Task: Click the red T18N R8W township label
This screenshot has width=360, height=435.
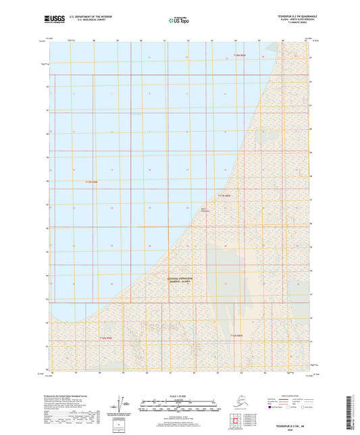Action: click(x=242, y=55)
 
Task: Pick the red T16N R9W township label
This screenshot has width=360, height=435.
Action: click(x=105, y=336)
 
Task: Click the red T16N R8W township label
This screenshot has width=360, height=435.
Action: click(x=236, y=335)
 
